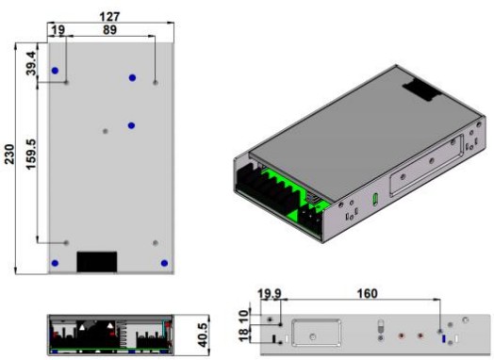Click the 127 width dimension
[109, 16]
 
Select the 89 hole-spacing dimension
[109, 30]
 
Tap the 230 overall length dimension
[9, 154]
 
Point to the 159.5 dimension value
[31, 154]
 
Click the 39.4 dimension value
[31, 63]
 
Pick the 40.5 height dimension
[203, 335]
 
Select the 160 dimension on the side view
[367, 293]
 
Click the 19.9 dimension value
[269, 293]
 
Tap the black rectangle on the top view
[97, 261]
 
